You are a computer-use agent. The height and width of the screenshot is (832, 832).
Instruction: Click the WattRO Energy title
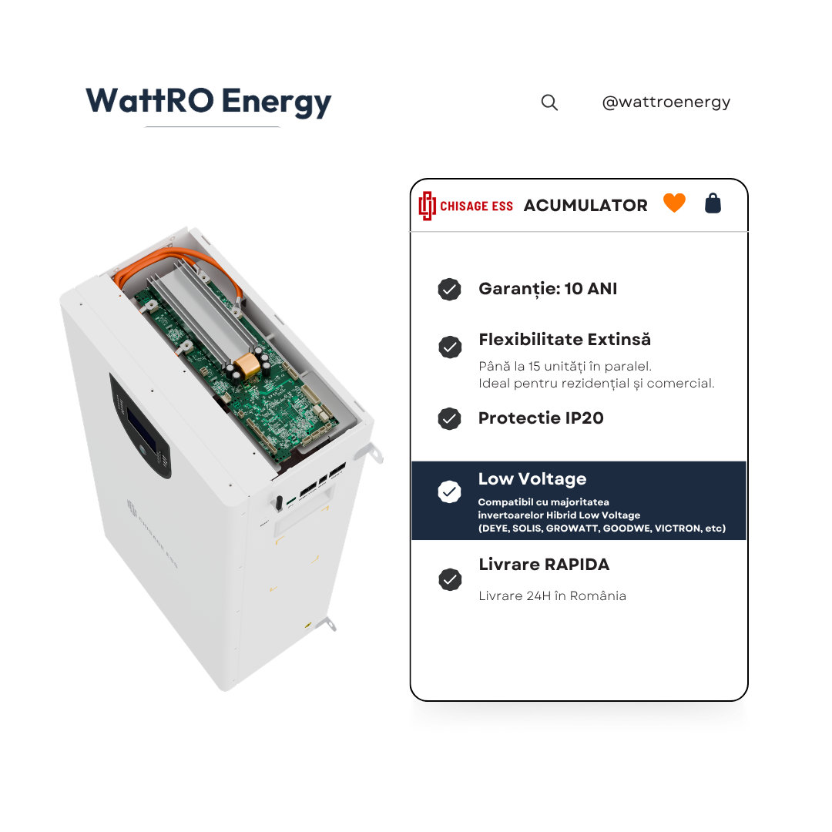tap(209, 101)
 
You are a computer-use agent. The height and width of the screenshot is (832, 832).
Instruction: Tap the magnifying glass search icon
tap(549, 102)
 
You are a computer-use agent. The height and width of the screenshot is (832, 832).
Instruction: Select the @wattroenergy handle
tap(666, 102)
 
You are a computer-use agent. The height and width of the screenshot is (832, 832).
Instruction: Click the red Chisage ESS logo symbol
tap(427, 206)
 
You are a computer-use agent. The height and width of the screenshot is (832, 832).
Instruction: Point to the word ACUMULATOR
tap(585, 206)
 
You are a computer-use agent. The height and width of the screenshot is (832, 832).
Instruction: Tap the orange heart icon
tap(674, 202)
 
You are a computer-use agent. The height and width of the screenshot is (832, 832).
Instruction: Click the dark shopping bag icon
tap(713, 203)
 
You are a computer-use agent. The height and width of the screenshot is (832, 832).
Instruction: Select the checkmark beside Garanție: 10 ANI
tap(449, 289)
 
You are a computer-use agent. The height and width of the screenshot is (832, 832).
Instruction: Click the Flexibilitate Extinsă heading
tap(565, 340)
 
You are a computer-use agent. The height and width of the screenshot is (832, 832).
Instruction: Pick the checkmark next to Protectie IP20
tap(449, 418)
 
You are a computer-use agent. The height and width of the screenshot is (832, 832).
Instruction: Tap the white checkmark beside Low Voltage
tap(449, 491)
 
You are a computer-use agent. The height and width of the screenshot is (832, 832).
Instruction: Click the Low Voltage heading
tap(532, 479)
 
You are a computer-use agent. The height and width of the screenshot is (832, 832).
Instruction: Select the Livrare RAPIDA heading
tap(544, 565)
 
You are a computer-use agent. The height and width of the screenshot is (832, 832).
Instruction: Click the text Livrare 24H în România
tap(552, 595)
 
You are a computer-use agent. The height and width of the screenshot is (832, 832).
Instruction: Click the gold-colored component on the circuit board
tap(247, 366)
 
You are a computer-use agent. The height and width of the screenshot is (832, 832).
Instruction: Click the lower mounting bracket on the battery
tap(327, 623)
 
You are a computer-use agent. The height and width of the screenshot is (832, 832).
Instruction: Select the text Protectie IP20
tap(541, 418)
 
